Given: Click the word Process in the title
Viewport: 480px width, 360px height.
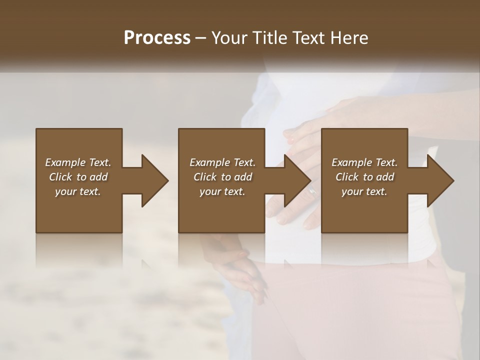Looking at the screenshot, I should [x=157, y=37].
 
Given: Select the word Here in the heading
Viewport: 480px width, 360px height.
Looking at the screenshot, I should [x=349, y=37].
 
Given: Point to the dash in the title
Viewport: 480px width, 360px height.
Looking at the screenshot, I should [x=201, y=38].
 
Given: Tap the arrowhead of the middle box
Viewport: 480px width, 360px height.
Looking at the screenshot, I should [x=296, y=180].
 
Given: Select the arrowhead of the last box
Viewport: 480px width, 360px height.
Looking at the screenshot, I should [x=439, y=180].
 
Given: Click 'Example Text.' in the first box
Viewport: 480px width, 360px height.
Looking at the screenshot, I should [x=78, y=162].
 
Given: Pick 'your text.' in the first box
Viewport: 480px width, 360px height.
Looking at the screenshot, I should [x=78, y=191].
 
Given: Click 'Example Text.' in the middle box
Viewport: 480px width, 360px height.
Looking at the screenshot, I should [x=222, y=162].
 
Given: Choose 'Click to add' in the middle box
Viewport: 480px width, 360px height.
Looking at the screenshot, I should [x=222, y=177].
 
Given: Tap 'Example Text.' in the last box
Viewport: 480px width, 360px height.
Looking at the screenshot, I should [x=364, y=162].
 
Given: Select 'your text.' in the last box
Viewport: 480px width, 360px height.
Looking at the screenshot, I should [x=364, y=191].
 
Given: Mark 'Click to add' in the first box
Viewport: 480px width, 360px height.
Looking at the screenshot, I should [x=78, y=177].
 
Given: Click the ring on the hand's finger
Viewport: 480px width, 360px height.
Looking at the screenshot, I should [x=312, y=190].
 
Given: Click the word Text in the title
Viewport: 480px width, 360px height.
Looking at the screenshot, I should [x=310, y=37].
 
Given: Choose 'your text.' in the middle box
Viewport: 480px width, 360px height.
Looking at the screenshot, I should [x=222, y=191].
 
